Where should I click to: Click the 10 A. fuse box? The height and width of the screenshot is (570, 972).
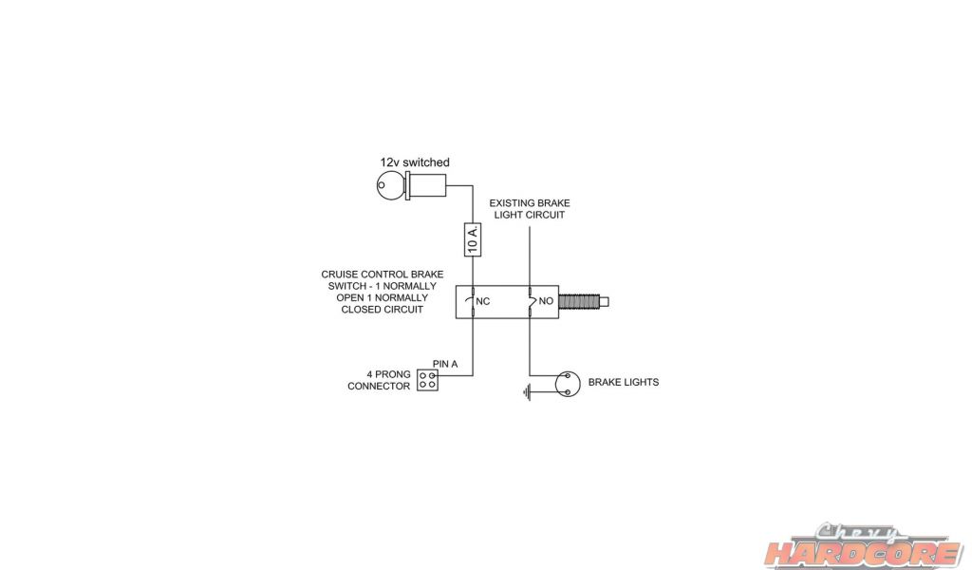[x=473, y=238]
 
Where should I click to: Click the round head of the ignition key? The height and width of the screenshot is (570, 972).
[x=389, y=186]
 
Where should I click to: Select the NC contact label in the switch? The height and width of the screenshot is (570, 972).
[x=482, y=302]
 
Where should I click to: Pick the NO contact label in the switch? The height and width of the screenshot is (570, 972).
[x=545, y=302]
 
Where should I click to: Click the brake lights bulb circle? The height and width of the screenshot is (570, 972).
[x=567, y=382]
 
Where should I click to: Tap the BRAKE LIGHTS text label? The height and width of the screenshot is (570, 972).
[x=623, y=383]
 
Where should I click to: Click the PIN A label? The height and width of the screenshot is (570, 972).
[x=445, y=364]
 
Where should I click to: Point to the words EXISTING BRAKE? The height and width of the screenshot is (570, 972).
[x=530, y=203]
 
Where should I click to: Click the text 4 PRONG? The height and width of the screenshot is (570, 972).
[x=387, y=374]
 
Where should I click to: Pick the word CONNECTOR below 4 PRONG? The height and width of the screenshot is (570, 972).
[x=379, y=387]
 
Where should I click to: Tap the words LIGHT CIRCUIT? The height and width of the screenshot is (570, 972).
[x=530, y=216]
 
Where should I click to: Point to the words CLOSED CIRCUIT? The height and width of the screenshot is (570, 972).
[x=382, y=310]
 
